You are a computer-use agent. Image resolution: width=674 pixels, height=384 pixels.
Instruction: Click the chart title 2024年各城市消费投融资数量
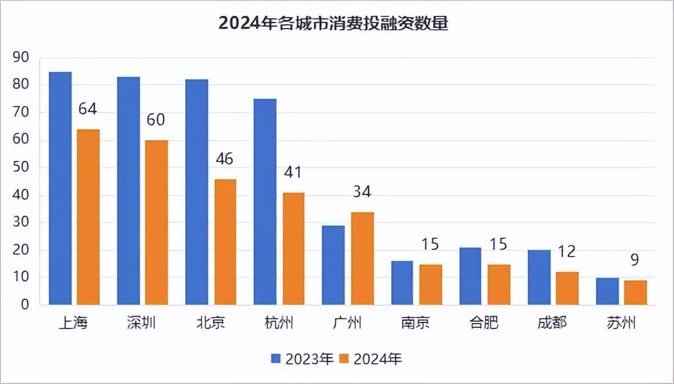tap(333, 24)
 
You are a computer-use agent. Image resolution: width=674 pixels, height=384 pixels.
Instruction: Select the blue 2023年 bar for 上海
tap(60, 188)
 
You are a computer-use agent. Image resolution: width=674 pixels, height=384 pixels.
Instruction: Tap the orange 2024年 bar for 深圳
tap(156, 222)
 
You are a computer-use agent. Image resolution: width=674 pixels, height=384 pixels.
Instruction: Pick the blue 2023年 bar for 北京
tap(197, 192)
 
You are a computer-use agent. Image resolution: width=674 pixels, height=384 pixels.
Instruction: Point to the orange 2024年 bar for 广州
tap(362, 258)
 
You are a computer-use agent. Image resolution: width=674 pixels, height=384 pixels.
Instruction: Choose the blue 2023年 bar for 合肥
tap(470, 276)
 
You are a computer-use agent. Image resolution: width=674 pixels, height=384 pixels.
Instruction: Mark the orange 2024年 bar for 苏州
tap(635, 293)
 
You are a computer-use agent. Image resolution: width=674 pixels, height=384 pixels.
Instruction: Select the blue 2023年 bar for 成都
tap(539, 277)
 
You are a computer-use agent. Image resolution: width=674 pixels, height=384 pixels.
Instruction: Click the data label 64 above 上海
tap(88, 110)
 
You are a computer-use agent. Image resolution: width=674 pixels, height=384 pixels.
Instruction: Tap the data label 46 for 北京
tap(224, 159)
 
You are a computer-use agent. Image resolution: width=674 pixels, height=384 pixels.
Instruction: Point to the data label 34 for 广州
tap(362, 193)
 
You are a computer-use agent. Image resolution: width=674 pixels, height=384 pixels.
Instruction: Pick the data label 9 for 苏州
tap(635, 260)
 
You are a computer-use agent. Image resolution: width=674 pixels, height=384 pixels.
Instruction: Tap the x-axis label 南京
tap(416, 322)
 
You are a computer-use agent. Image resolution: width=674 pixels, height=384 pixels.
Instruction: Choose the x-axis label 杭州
tap(279, 322)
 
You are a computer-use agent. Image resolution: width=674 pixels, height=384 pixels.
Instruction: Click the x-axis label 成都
tap(552, 322)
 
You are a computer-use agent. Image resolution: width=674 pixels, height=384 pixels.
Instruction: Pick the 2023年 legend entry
tap(303, 359)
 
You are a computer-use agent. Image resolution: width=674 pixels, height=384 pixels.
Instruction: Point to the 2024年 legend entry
tap(372, 359)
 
